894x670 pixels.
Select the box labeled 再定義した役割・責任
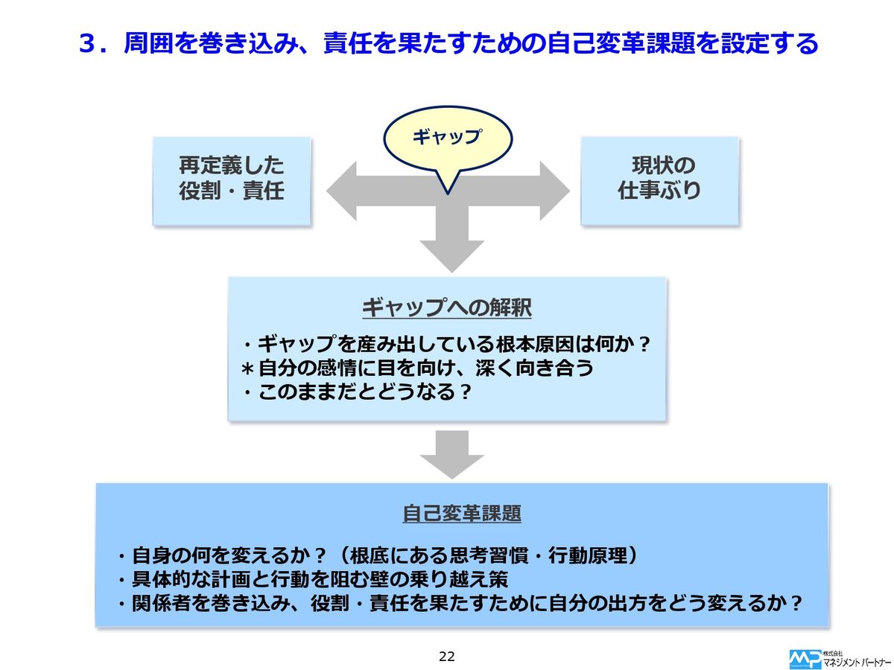pyautogui.click(x=232, y=179)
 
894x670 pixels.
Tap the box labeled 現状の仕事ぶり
pyautogui.click(x=659, y=179)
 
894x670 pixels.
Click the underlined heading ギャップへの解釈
pyautogui.click(x=446, y=307)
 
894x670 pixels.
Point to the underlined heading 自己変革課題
pyautogui.click(x=461, y=514)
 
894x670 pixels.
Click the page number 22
pyautogui.click(x=447, y=656)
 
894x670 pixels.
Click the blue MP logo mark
pyautogui.click(x=805, y=658)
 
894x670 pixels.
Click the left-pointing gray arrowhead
pyautogui.click(x=344, y=191)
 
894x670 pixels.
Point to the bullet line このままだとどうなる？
pyautogui.click(x=358, y=392)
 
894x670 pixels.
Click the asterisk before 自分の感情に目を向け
pyautogui.click(x=248, y=368)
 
